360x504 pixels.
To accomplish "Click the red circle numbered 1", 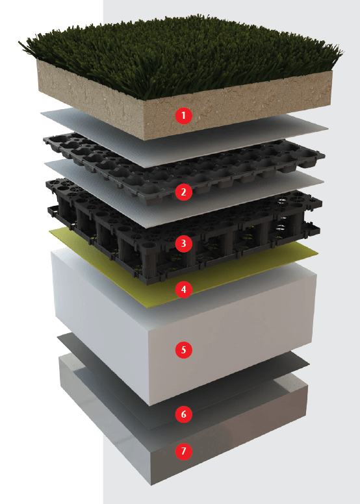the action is coord(184,115).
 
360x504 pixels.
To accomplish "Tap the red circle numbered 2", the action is coord(184,192).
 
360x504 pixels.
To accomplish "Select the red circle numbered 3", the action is coord(184,244).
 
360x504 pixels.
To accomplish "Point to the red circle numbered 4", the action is coord(184,289).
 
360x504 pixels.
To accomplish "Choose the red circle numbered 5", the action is coord(184,349).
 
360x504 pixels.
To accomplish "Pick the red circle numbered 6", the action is coord(184,414).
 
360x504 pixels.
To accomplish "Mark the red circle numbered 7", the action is coord(184,451).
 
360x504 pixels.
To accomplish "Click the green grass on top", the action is coord(180,55).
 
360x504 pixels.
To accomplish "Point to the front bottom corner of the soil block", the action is coord(143,140).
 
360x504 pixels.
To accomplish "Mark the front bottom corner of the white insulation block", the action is coord(150,406).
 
